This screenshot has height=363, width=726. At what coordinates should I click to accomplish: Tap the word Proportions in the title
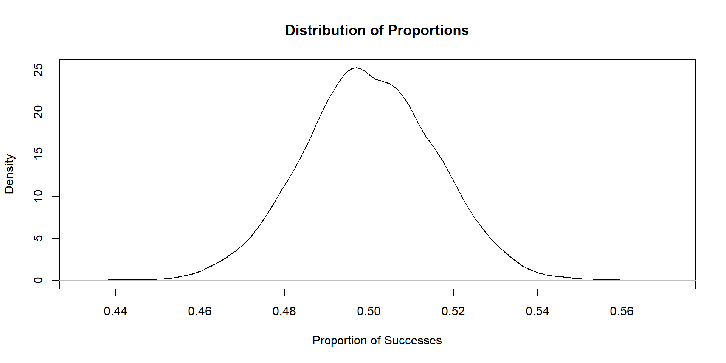tap(428, 30)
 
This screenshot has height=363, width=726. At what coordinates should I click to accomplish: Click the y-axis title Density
tap(9, 174)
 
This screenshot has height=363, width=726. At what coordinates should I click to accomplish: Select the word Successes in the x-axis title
tap(413, 340)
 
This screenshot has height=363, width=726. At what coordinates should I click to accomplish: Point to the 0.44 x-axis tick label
tap(115, 311)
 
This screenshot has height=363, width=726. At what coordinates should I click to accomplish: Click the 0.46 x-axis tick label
tap(200, 311)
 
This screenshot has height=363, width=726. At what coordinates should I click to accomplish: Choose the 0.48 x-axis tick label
tap(284, 311)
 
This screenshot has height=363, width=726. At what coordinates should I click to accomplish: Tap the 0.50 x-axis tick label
tap(369, 311)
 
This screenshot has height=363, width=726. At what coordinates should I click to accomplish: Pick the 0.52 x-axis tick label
tap(453, 311)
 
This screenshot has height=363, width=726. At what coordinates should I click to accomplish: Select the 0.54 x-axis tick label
tap(537, 311)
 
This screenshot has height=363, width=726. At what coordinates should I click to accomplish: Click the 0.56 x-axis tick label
tap(622, 311)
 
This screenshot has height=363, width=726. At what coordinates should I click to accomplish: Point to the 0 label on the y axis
tap(38, 280)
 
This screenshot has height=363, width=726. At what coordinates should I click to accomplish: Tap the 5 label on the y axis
tap(38, 238)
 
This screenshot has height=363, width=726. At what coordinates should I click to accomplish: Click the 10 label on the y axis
tap(38, 196)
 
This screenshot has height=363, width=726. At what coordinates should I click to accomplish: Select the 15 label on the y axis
tap(38, 154)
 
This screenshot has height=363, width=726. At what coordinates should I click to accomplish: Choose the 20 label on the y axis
tap(38, 112)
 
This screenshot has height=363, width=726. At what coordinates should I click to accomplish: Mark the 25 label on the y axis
tap(38, 70)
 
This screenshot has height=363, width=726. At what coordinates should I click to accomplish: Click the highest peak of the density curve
tap(356, 68)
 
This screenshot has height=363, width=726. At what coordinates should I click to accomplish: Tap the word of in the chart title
tap(377, 30)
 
